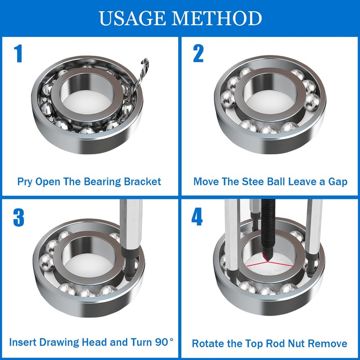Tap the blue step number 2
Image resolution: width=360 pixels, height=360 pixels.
click(x=198, y=54)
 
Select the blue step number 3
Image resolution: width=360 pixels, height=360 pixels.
click(x=18, y=218)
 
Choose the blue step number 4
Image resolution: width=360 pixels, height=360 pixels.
click(x=197, y=218)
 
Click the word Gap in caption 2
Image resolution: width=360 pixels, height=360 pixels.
click(x=337, y=182)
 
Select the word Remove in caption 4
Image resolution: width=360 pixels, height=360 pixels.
click(x=328, y=343)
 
